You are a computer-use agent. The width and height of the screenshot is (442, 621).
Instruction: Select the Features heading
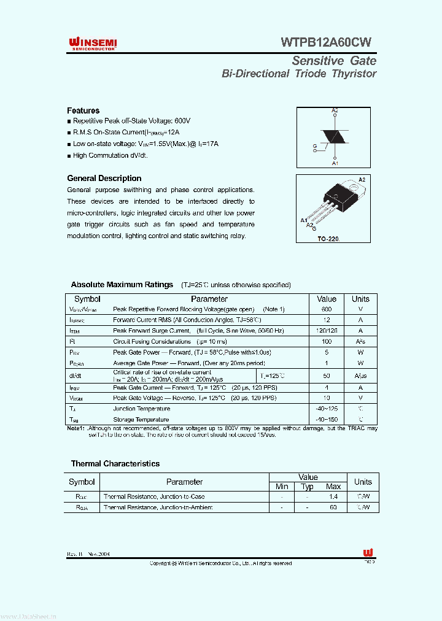[83, 110]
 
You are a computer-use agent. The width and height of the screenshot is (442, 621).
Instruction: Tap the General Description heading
[104, 179]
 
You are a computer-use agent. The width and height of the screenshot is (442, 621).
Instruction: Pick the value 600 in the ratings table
[327, 309]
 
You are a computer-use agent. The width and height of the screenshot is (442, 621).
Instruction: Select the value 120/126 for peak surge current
[327, 331]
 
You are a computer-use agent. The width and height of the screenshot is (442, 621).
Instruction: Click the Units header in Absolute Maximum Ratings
[360, 299]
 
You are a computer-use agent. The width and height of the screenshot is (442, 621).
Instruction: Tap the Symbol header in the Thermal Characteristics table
[82, 482]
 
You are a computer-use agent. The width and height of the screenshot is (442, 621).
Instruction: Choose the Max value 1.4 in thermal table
[333, 496]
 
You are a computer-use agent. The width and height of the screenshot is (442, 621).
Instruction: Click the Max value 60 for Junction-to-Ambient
[333, 507]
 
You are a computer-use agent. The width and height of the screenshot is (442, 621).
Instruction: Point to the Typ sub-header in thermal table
[308, 487]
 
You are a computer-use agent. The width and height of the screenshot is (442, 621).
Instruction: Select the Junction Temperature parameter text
[141, 409]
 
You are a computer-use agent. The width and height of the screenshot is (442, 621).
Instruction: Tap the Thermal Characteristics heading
[115, 464]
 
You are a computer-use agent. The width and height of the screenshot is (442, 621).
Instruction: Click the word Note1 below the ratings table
[75, 428]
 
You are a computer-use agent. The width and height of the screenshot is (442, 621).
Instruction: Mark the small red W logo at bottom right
[368, 552]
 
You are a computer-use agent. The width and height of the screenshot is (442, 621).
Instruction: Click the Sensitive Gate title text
[333, 61]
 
